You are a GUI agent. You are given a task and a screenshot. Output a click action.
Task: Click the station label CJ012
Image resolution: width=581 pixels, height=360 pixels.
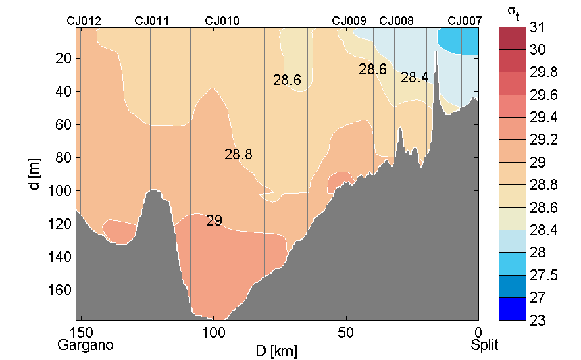pos(84,21)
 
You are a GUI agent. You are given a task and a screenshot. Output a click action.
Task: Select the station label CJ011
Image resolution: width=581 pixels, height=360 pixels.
pos(152,21)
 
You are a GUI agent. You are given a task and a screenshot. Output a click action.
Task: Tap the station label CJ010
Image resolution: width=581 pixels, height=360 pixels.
pos(222,21)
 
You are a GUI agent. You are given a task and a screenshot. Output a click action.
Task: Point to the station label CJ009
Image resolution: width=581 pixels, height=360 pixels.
pos(349,21)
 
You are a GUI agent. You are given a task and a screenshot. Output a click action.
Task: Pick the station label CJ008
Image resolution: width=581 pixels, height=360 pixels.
pos(397,21)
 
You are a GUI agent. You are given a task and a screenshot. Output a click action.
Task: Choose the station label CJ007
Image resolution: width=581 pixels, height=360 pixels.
pos(465,21)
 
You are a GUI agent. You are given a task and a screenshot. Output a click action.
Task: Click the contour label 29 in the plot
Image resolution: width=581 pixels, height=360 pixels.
pos(213,221)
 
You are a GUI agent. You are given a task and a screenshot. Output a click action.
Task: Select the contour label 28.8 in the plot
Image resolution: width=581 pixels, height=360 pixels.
pos(238,155)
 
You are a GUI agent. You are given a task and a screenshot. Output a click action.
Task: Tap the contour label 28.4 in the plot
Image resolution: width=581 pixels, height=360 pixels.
pos(414,78)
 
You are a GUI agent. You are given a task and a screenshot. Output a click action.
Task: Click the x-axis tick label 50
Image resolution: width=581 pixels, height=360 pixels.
pos(345,333)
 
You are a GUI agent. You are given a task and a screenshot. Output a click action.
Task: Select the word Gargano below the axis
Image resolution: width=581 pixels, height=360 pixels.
pos(86,345)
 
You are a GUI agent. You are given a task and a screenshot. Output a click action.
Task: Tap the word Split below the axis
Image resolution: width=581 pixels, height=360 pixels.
pos(484,345)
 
